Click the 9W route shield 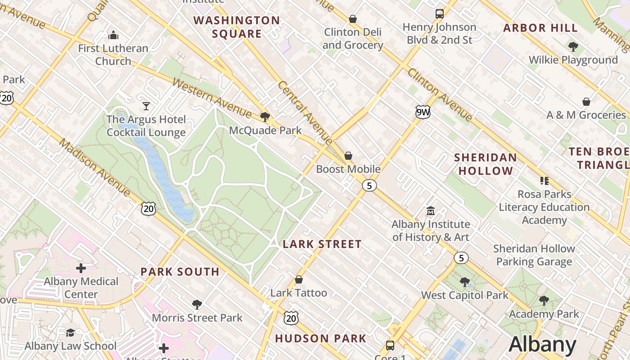423,112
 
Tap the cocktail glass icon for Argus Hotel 146,106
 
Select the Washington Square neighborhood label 237,27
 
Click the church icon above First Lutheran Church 113,35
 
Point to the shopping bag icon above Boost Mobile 348,156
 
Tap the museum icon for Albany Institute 431,211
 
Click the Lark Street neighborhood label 322,244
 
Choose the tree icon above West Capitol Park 465,282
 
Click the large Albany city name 542,345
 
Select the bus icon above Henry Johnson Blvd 440,14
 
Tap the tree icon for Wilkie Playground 573,46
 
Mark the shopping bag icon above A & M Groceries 586,102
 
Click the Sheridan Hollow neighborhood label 486,164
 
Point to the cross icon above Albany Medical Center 81,268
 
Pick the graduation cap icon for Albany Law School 70,333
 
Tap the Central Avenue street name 305,112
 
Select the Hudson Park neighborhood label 321,338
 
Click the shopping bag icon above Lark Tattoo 299,280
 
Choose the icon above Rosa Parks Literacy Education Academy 544,181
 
